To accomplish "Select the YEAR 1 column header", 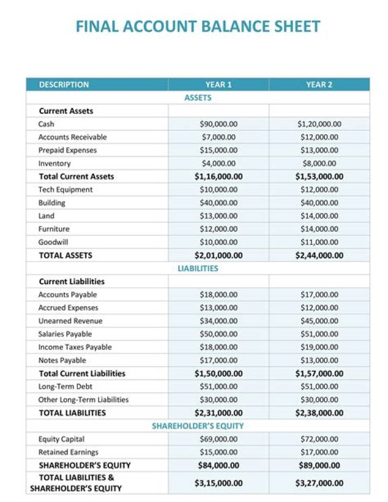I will click(x=218, y=85).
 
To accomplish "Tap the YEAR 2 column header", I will click(x=319, y=85).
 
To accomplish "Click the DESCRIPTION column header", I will click(x=64, y=85).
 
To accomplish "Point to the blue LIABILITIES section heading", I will click(x=198, y=269).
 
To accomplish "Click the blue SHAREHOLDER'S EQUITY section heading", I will click(x=198, y=426).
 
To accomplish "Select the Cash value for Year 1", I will click(x=218, y=124).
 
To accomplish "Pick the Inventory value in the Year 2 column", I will click(x=319, y=163).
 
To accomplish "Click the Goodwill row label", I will click(x=53, y=242).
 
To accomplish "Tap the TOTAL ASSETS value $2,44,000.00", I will click(x=319, y=256).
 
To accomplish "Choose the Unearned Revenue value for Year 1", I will click(x=218, y=321).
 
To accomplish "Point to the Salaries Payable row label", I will click(x=65, y=334).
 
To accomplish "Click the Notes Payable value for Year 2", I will click(x=319, y=360).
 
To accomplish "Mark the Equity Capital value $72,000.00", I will click(x=319, y=439).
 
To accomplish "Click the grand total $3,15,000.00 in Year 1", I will click(x=218, y=483).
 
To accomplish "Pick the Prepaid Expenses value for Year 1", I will click(x=218, y=150).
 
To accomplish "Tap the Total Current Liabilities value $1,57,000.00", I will click(x=319, y=374).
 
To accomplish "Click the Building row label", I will click(x=52, y=203).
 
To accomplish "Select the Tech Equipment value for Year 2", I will click(x=319, y=190).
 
